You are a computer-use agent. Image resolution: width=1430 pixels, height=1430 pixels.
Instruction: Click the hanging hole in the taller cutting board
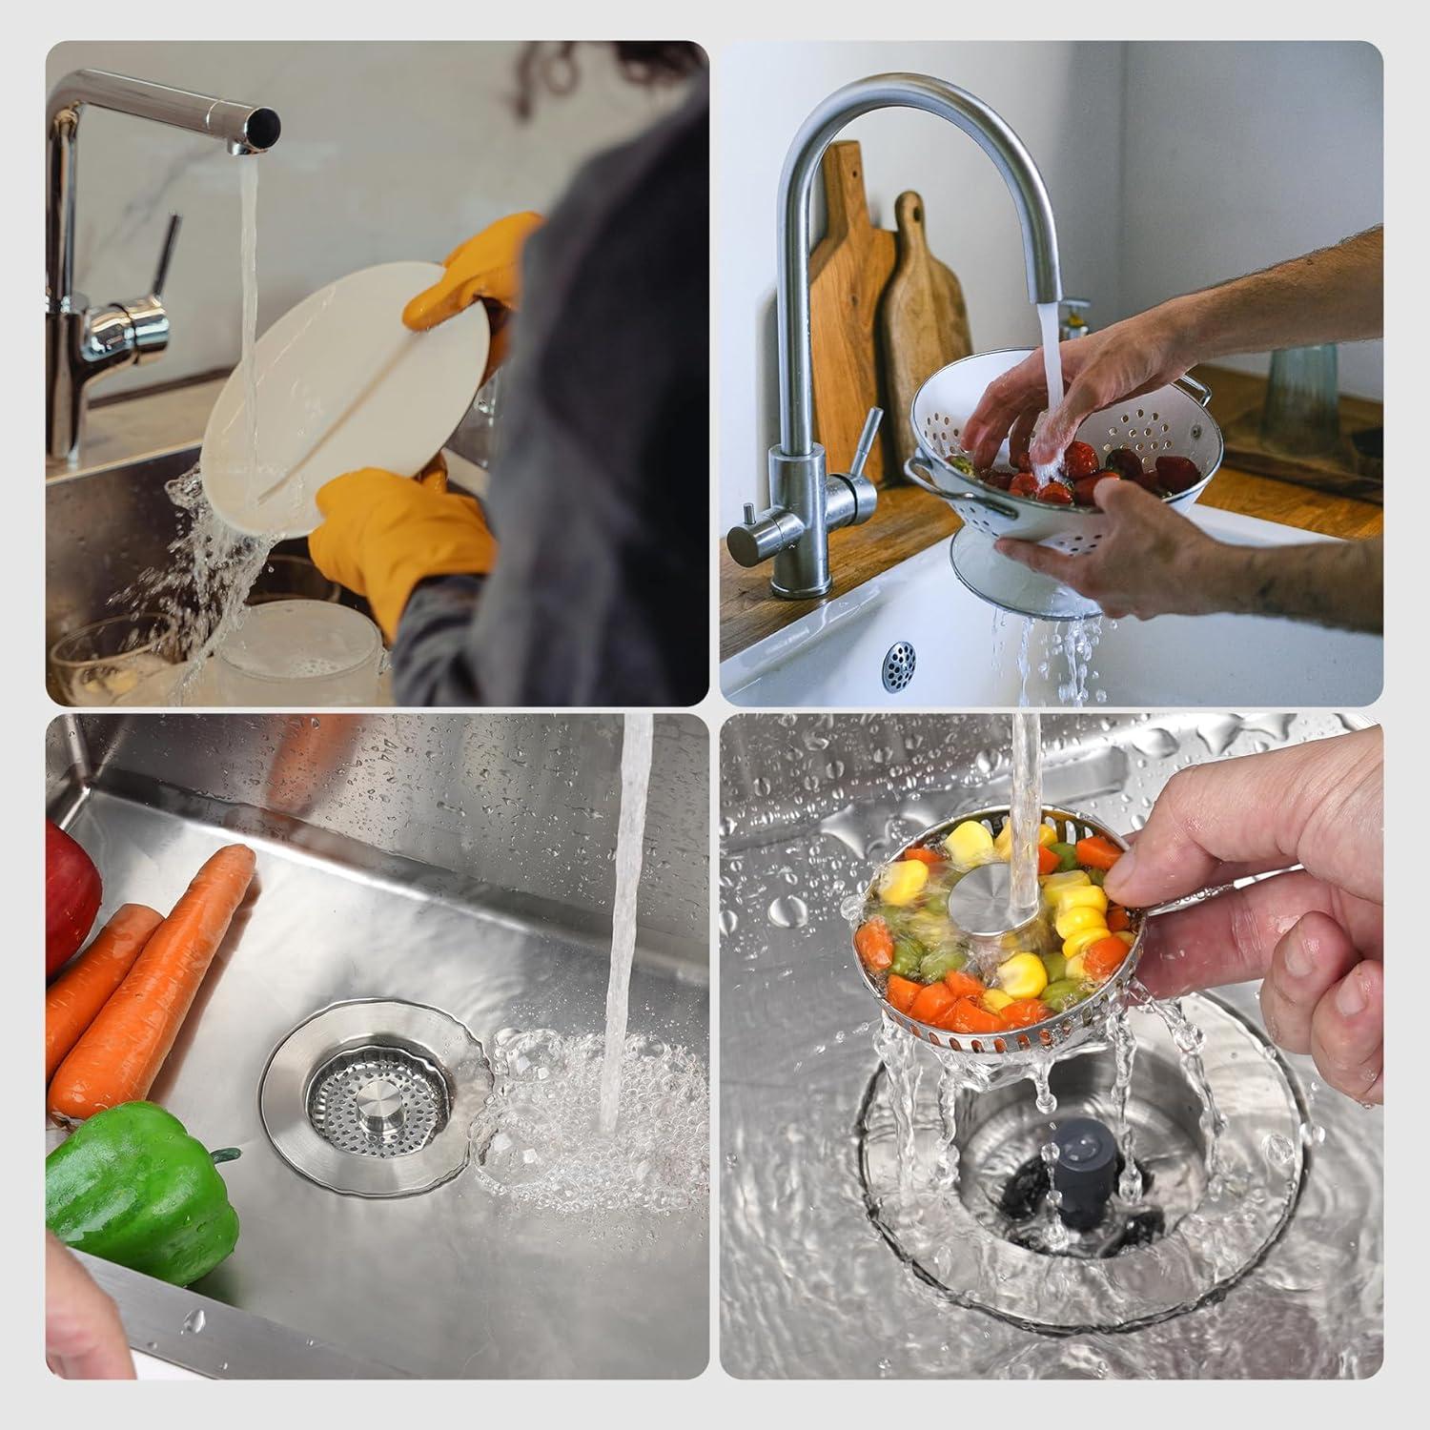tap(854, 177)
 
